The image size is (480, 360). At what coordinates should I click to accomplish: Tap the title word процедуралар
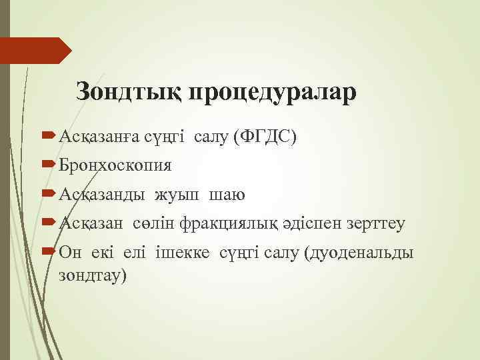pyautogui.click(x=273, y=92)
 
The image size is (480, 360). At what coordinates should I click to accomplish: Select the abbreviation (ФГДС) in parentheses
pyautogui.click(x=264, y=137)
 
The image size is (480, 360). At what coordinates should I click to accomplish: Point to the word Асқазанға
pyautogui.click(x=99, y=137)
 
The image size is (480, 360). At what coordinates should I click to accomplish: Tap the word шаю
pyautogui.click(x=227, y=195)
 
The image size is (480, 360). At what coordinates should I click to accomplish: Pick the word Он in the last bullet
pyautogui.click(x=69, y=253)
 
